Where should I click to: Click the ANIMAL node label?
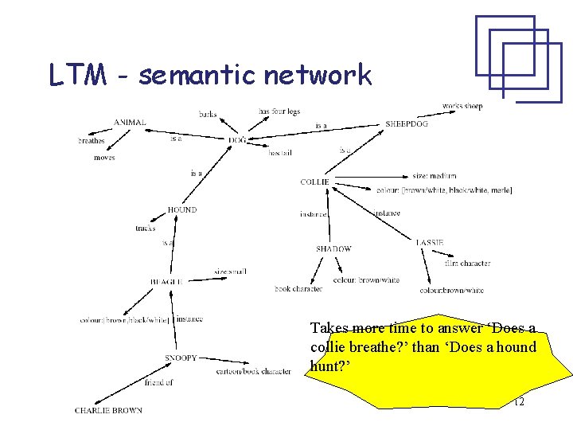(130, 122)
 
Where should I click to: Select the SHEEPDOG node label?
(407, 124)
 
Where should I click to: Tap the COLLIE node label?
(314, 182)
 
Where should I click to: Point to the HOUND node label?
(181, 210)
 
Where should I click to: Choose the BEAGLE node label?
(166, 281)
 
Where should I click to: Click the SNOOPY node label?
(181, 358)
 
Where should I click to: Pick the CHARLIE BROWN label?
(108, 410)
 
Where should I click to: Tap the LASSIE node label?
(430, 242)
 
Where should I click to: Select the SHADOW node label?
(333, 249)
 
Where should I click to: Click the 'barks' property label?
(208, 115)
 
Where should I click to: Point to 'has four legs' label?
(279, 111)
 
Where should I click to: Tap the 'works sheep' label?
(462, 106)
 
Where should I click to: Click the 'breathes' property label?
(92, 141)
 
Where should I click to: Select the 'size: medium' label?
(435, 176)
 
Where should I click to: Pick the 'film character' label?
(468, 264)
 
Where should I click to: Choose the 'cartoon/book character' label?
(254, 372)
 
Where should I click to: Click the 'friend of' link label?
(159, 383)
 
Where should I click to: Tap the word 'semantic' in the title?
(197, 76)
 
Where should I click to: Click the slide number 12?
(518, 403)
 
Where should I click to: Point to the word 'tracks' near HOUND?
(146, 229)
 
